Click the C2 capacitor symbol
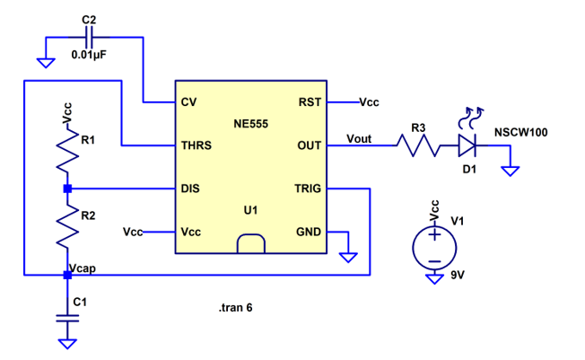coord(89,38)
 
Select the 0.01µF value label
coord(90,55)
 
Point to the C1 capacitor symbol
coord(67,318)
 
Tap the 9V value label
coord(458,274)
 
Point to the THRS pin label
coord(196,145)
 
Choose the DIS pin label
coord(189,189)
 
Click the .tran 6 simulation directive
coord(235,308)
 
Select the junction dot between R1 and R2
coord(67,189)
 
